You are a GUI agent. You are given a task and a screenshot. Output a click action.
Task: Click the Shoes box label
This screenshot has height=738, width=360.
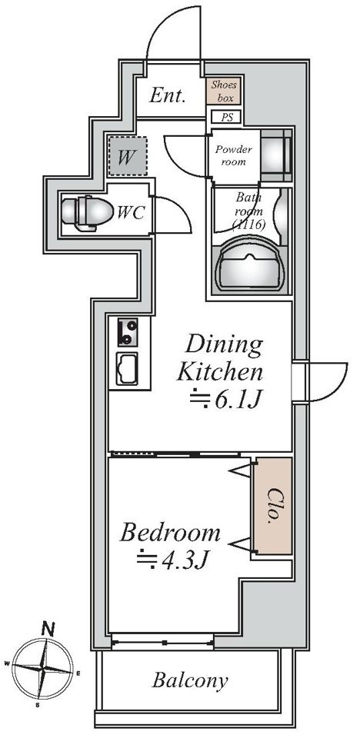pyautogui.click(x=223, y=91)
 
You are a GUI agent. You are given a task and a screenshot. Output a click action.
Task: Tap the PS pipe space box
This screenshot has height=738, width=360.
pyautogui.click(x=227, y=117)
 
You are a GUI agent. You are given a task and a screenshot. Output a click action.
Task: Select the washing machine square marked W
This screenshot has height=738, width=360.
pyautogui.click(x=127, y=156)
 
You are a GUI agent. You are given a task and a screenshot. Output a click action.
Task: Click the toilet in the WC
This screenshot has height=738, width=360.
pyautogui.click(x=87, y=213)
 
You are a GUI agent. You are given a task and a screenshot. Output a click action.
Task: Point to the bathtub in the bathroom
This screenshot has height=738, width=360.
pyautogui.click(x=251, y=265)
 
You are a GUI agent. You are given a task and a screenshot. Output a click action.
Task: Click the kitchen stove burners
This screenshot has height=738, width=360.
pyautogui.click(x=128, y=332)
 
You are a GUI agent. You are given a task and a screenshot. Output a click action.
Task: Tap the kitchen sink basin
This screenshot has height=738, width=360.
pyautogui.click(x=127, y=368)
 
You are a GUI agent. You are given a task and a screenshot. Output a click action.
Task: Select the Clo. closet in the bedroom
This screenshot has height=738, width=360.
pyautogui.click(x=273, y=506)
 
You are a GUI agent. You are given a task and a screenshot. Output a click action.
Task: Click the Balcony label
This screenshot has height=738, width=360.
pyautogui.click(x=190, y=680)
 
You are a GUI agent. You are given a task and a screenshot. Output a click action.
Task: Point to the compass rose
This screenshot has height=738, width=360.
pyautogui.click(x=43, y=668)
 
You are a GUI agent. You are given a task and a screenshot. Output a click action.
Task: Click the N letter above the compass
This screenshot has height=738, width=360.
pyautogui.click(x=47, y=628)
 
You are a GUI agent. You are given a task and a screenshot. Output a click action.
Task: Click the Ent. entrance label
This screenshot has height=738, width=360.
pyautogui.click(x=167, y=96)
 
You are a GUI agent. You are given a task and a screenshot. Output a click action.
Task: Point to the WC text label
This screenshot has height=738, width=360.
pyautogui.click(x=131, y=213)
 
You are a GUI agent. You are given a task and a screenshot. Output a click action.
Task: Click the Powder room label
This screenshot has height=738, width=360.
pyautogui.click(x=234, y=156)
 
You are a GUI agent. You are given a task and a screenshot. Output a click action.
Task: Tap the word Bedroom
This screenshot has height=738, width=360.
pyautogui.click(x=170, y=534)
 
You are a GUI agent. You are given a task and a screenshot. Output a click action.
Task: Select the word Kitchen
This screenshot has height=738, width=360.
pyautogui.click(x=219, y=373)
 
